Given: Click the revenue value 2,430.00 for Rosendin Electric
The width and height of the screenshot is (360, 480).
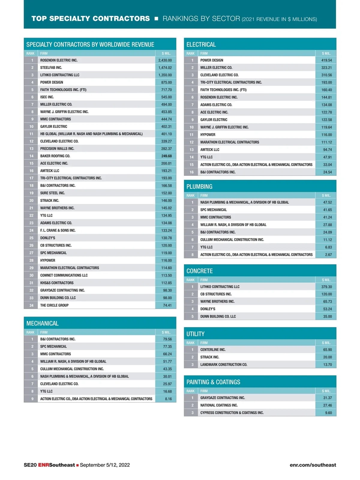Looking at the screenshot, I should pyautogui.click(x=165, y=60).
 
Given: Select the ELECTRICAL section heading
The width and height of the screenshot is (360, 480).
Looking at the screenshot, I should pyautogui.click(x=201, y=45).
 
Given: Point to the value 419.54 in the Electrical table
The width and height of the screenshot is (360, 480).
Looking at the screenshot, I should pyautogui.click(x=326, y=60).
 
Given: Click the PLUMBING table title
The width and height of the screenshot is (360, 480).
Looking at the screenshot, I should pyautogui.click(x=199, y=187).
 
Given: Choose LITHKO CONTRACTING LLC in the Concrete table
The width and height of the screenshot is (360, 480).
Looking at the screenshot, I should pyautogui.click(x=220, y=287).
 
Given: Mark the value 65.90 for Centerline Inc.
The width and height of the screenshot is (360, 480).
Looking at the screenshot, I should pyautogui.click(x=327, y=350).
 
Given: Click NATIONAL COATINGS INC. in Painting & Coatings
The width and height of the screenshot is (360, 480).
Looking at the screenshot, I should pyautogui.click(x=219, y=405).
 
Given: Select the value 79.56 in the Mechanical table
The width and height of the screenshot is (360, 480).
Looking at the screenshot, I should pyautogui.click(x=167, y=339).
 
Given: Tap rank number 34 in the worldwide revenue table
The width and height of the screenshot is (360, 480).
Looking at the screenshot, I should pyautogui.click(x=31, y=305).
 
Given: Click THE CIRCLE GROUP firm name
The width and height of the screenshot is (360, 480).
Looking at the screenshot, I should pyautogui.click(x=54, y=305).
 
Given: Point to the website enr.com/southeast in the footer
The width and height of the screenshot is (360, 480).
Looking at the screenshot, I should pyautogui.click(x=313, y=465).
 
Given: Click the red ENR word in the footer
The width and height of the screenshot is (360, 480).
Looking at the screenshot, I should pyautogui.click(x=43, y=465).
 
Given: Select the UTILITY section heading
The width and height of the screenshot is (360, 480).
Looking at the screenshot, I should pyautogui.click(x=195, y=334).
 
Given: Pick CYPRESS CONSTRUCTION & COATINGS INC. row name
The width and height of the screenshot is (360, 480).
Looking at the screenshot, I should pyautogui.click(x=232, y=413).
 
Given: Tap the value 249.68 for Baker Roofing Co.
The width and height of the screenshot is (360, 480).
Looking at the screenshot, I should pyautogui.click(x=166, y=156).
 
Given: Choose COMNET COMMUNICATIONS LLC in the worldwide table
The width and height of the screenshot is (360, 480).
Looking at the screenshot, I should pyautogui.click(x=64, y=275).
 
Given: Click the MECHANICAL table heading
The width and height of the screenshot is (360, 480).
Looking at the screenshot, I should pyautogui.click(x=42, y=323).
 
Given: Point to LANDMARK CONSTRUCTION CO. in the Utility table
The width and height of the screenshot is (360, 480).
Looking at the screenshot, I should pyautogui.click(x=223, y=365).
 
